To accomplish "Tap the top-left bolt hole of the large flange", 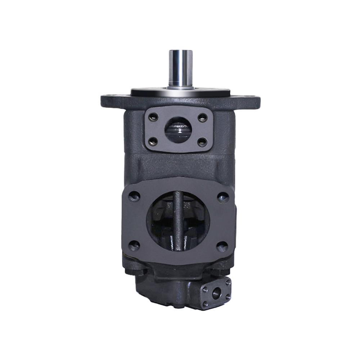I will [x=134, y=197].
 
